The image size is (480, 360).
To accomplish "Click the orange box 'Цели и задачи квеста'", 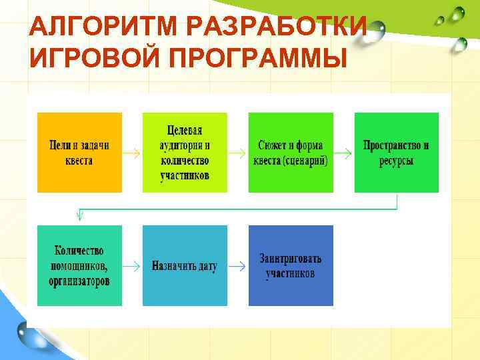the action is coord(80,153).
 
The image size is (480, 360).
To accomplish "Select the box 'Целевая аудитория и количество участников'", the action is coord(185,153).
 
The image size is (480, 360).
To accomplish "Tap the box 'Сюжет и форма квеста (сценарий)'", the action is coord(291,153).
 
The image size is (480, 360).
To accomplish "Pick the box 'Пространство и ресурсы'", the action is coord(397,153).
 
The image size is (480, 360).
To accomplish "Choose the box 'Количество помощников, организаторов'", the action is coord(80,265).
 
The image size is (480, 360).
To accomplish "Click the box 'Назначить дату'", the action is coord(185,265).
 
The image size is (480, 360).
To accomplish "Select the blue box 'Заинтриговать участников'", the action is coord(291,265).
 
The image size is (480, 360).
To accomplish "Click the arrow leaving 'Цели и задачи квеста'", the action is coord(132,153).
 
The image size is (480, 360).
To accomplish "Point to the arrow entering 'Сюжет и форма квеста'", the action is coord(237,153).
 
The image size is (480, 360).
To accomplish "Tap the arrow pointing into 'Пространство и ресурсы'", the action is coord(343,153).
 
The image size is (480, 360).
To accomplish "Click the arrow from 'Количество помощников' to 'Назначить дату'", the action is coord(132,266).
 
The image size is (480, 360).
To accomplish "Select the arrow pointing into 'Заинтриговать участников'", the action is coord(237,266).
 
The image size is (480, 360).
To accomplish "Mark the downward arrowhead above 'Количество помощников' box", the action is coord(80,215).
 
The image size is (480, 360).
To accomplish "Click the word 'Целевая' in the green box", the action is coord(185,131).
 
